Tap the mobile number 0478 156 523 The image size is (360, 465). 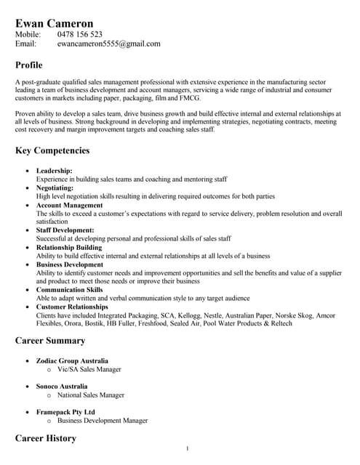(x=80, y=34)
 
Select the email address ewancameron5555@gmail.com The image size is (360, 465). (x=108, y=44)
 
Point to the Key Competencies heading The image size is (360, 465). (x=52, y=151)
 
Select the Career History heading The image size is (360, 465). (x=45, y=438)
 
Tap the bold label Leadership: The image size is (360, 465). (x=55, y=171)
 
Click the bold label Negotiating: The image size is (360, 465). (x=55, y=187)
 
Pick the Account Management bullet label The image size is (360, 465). (x=70, y=205)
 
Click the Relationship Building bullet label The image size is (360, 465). (x=69, y=247)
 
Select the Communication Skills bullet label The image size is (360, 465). (x=70, y=290)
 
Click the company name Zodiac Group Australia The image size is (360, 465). (x=73, y=361)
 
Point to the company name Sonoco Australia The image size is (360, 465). (x=62, y=387)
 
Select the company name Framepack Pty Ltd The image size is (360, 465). (x=66, y=412)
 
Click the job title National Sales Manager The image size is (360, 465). (x=91, y=395)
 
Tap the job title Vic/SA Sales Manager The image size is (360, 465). (x=89, y=370)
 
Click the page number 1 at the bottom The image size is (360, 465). (x=187, y=448)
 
